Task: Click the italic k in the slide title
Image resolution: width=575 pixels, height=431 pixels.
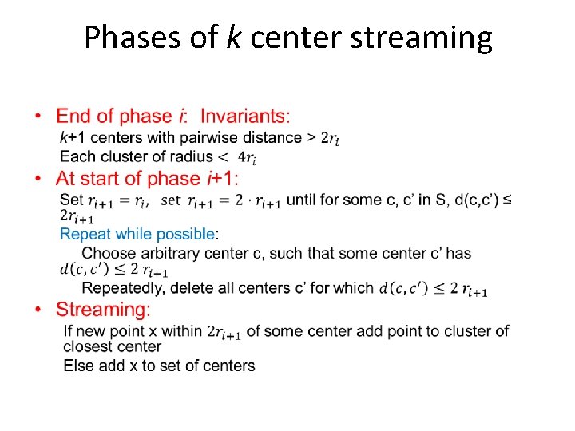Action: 234,37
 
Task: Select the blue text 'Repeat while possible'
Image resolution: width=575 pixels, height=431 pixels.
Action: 138,234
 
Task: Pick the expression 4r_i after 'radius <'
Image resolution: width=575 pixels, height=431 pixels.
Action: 247,157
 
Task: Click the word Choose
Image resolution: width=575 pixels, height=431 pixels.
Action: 109,253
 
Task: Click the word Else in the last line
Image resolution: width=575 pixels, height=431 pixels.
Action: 78,366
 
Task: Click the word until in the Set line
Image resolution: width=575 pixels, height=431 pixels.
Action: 306,200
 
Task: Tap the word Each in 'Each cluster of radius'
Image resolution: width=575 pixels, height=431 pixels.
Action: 77,156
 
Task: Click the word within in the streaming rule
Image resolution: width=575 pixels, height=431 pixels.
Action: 180,330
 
